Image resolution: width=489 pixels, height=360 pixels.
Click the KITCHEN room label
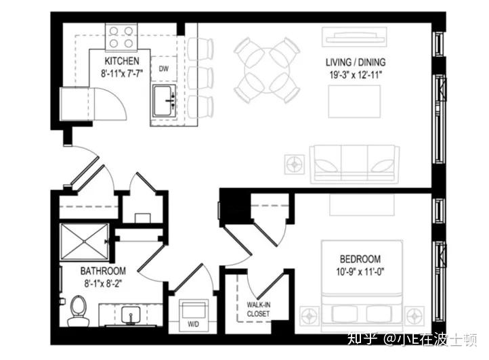[x=122, y=61]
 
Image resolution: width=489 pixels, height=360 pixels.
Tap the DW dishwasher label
[x=164, y=68]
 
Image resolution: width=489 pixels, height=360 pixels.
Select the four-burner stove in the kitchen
[x=121, y=37]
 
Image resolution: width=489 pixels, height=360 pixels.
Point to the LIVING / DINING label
[x=356, y=62]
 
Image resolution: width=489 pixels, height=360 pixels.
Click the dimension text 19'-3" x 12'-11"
[x=356, y=75]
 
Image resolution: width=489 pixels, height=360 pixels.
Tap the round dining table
[x=267, y=70]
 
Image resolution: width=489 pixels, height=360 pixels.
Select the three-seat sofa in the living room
[x=354, y=164]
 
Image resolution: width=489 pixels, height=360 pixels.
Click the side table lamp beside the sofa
[x=295, y=164]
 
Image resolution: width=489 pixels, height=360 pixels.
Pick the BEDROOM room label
[x=360, y=259]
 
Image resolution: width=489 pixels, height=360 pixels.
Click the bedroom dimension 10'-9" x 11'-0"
[x=360, y=272]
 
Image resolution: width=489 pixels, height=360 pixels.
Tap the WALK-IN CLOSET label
[x=258, y=309]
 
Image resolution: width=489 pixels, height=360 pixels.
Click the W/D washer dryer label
[x=193, y=324]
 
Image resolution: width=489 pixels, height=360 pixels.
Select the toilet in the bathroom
[x=77, y=312]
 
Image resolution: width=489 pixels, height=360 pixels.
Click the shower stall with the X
[x=85, y=242]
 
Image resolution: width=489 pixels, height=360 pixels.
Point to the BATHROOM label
[x=103, y=271]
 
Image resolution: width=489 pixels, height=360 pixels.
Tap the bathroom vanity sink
[x=131, y=315]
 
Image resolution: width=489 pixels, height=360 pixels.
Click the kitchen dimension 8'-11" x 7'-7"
[x=122, y=74]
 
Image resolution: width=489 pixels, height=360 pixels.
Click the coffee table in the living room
[x=355, y=102]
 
